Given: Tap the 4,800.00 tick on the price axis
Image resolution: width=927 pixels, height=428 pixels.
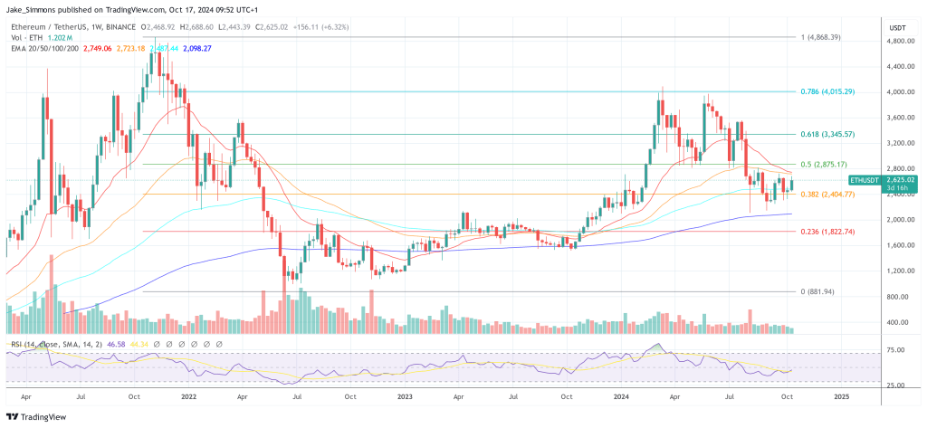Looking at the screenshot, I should coord(899,41).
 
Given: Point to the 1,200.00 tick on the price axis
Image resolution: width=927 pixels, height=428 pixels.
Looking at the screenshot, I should coord(899,271).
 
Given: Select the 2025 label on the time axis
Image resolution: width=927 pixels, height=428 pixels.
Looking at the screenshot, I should coord(841,396).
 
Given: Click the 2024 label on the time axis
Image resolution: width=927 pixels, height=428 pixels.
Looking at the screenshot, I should coord(621,396).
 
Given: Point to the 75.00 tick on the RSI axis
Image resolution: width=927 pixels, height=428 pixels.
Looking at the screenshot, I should coord(895,349).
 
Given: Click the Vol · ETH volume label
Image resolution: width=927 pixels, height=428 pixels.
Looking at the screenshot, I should coord(24,37).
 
